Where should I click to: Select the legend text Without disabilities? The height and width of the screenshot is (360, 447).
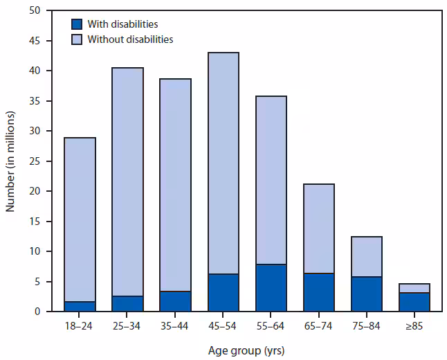click(x=130, y=39)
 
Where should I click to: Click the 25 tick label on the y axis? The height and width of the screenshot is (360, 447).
click(x=34, y=161)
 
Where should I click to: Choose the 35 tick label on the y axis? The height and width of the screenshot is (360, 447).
click(x=34, y=101)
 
